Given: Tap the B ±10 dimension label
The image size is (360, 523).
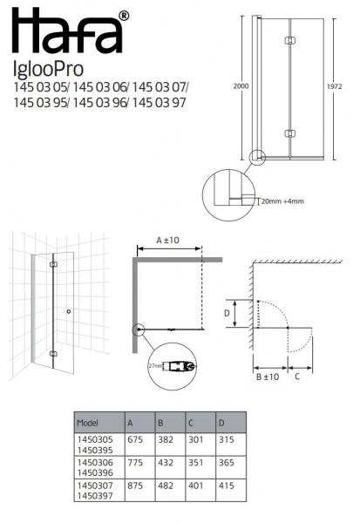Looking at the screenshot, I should [x=268, y=377].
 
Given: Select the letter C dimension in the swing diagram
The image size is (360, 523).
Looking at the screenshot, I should [x=298, y=377].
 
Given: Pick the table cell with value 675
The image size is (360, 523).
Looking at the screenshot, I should [x=135, y=442].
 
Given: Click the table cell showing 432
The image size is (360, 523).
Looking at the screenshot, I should [x=166, y=465].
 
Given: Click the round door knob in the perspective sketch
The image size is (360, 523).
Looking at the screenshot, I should [x=68, y=311].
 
